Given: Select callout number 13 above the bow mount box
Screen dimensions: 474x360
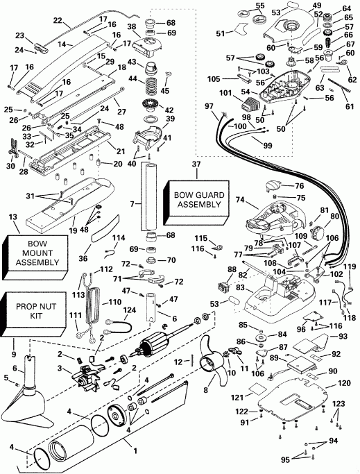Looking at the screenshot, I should pos(13,217).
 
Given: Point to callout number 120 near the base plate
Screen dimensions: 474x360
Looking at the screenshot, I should pos(344,382).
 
